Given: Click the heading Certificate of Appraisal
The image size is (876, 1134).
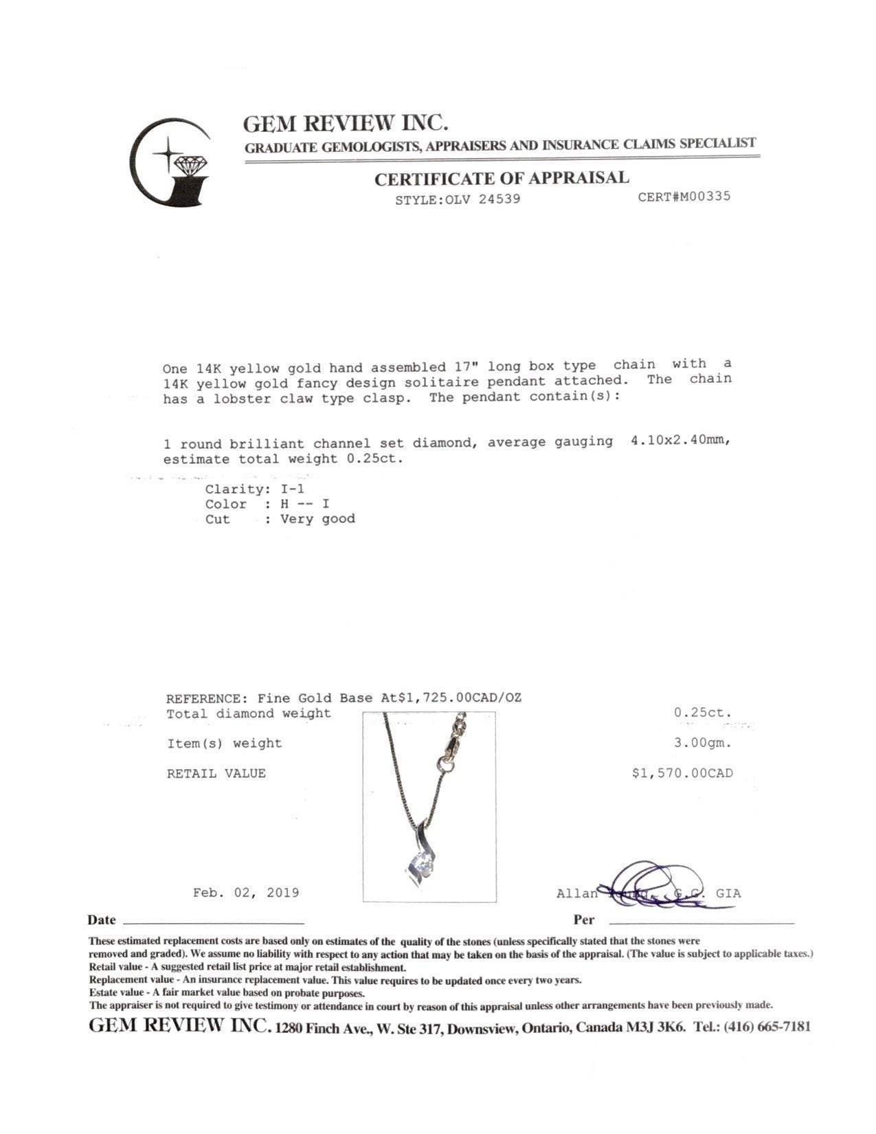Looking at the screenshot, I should (502, 179).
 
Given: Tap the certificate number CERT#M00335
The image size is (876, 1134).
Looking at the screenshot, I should (684, 197).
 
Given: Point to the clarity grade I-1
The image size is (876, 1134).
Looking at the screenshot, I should (292, 489).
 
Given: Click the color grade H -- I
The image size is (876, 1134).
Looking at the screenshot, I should (304, 504).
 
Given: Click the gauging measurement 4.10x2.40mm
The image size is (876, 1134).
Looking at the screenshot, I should (680, 441).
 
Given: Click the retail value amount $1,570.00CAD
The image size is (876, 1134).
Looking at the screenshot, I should (682, 773).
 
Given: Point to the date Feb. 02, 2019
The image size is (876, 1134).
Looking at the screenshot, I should (246, 893).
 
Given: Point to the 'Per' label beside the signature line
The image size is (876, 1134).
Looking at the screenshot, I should (583, 920).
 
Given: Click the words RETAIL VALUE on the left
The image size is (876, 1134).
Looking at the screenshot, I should (216, 773).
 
